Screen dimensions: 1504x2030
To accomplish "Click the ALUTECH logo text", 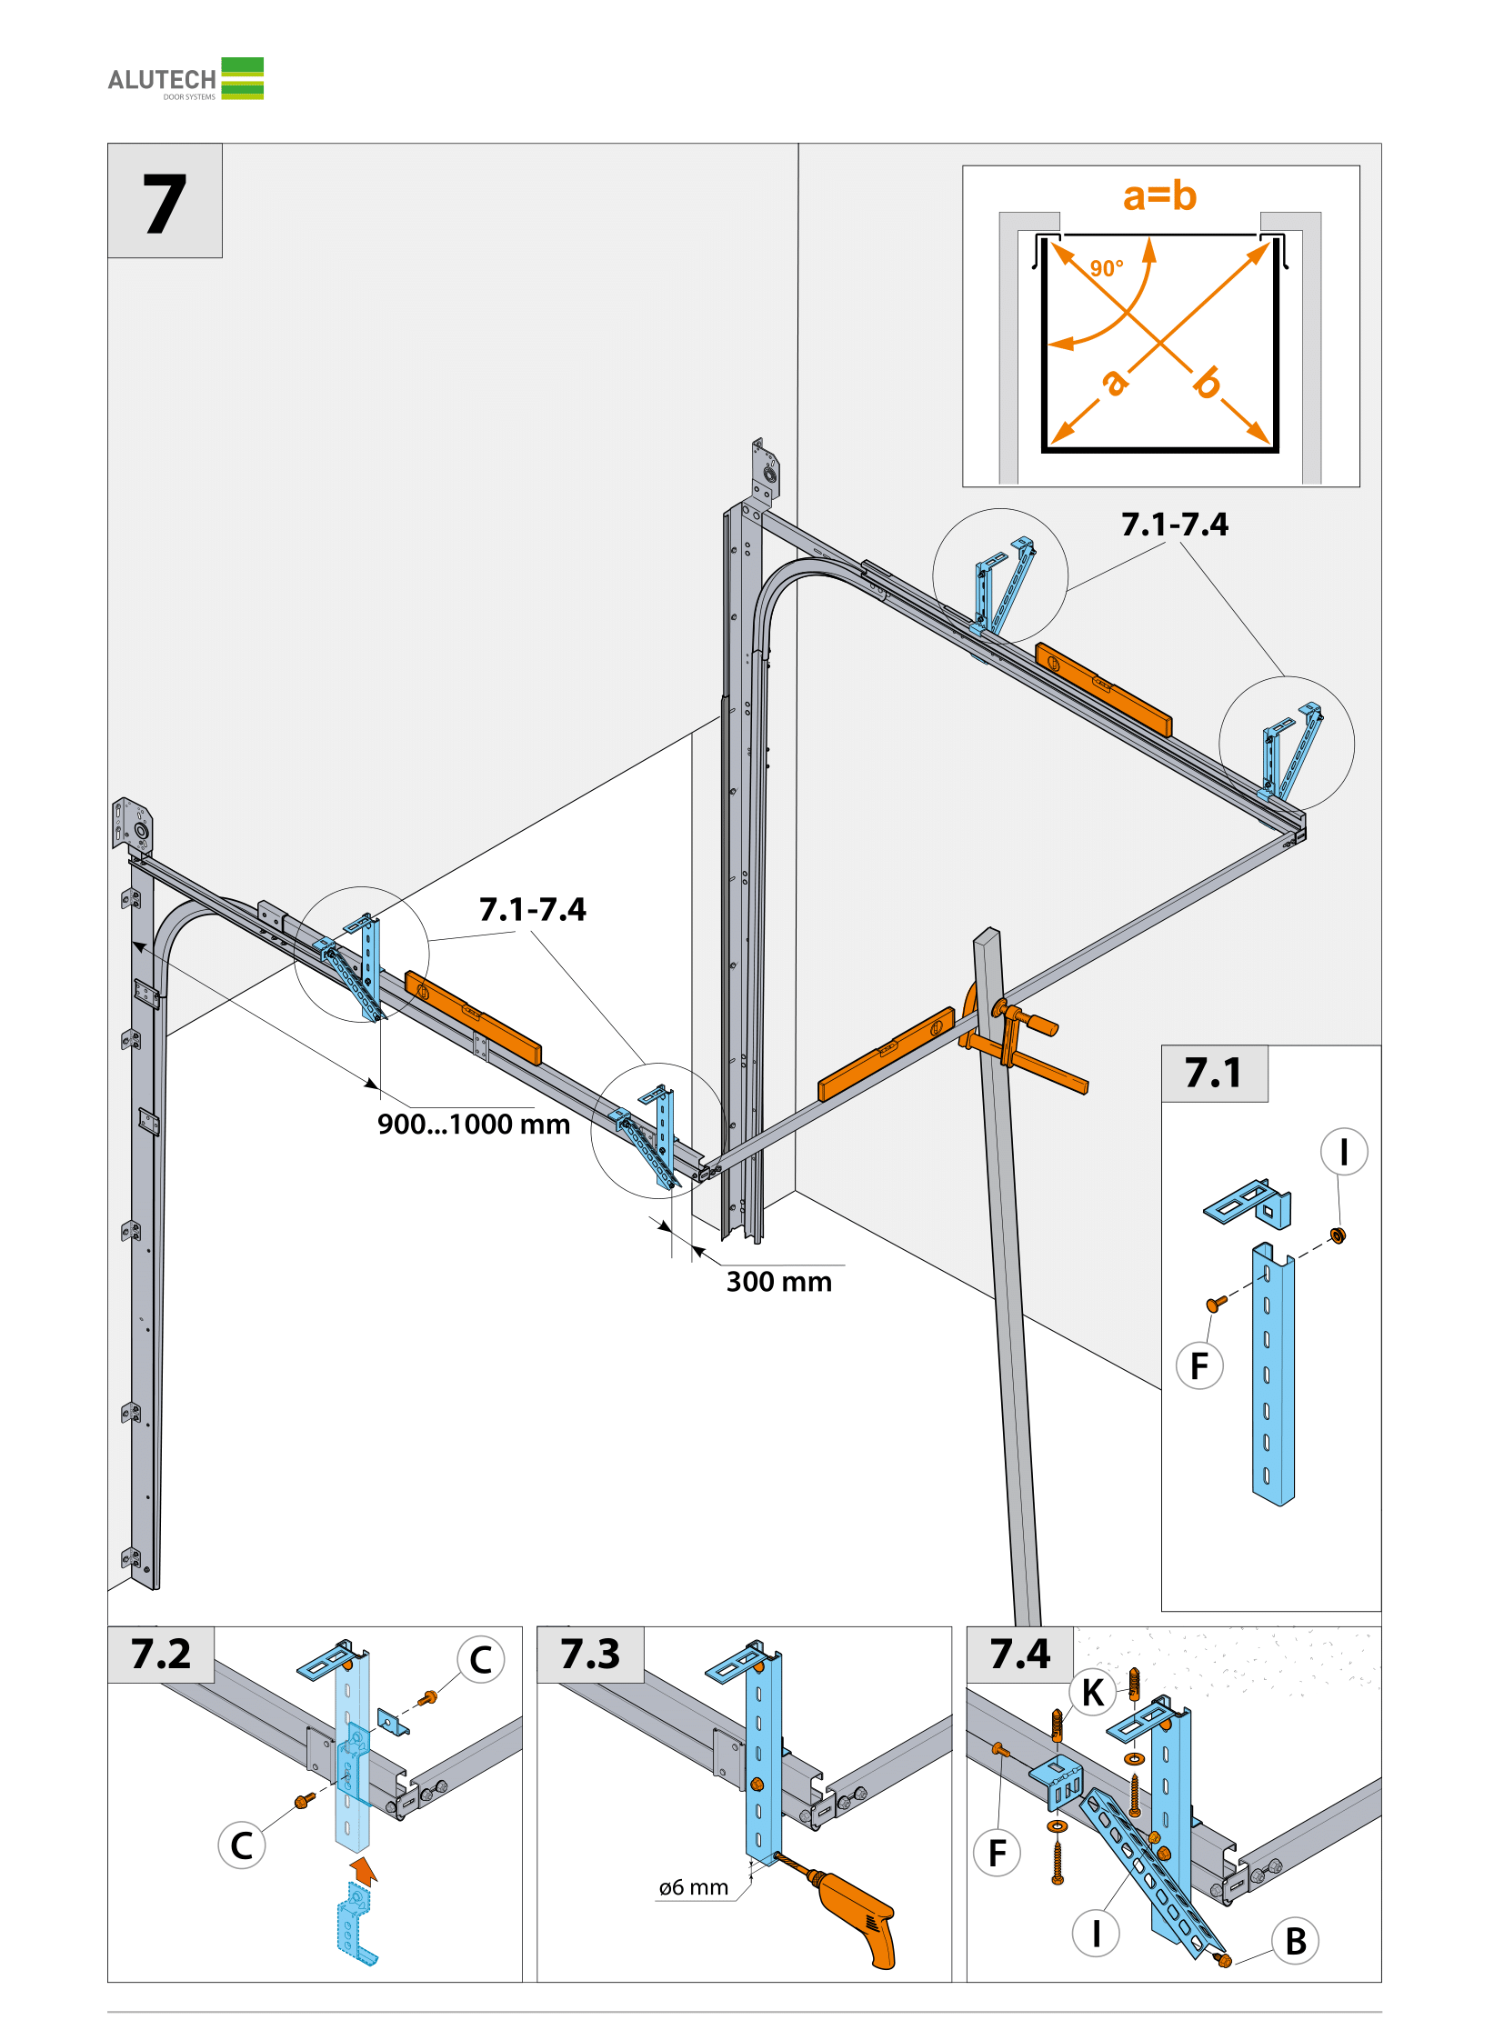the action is pos(162,80).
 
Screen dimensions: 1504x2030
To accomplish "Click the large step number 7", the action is pos(165,204).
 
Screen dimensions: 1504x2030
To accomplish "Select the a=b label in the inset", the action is pos(1159,195).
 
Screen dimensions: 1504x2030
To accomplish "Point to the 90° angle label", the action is pos(1106,268).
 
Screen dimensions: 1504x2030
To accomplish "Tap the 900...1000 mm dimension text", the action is pos(474,1125).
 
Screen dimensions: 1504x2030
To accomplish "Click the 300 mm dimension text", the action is pos(779,1282).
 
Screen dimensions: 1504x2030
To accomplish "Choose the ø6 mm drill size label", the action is pos(694,1887).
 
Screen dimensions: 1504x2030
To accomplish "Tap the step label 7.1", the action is pos(1213,1073).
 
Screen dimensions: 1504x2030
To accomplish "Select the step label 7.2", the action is pos(161,1654).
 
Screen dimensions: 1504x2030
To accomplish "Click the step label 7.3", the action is pos(590,1654).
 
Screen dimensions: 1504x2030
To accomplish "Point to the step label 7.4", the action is pos(1019,1654).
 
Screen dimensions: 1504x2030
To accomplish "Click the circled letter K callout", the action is pos(1092,1693).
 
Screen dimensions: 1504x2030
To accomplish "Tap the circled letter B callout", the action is pos(1296,1941).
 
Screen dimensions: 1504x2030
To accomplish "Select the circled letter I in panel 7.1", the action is pos(1344,1152).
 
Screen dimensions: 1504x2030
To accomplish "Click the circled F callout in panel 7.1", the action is pos(1200,1365).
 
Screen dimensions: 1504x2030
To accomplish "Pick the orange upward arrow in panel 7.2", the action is pos(363,1870).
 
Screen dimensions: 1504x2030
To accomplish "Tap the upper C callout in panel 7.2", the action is pos(481,1659).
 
